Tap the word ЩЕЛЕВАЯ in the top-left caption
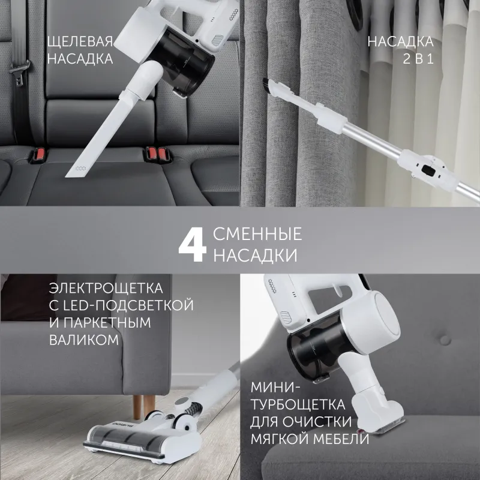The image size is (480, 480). point(80,41)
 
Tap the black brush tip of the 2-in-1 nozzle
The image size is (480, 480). point(268,86)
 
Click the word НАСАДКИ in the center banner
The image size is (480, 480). point(256,256)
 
